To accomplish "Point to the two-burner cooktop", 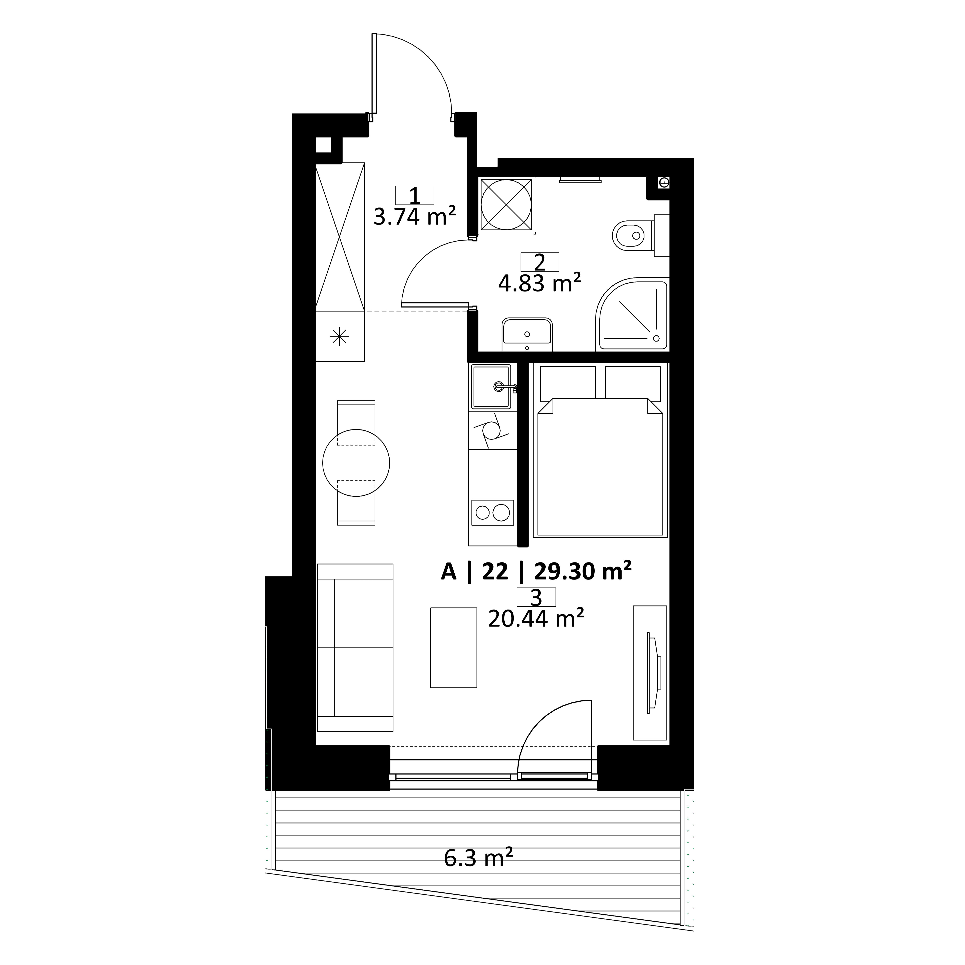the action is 493,512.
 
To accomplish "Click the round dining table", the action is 356,463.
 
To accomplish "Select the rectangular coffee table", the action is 453,647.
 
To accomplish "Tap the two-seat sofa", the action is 355,648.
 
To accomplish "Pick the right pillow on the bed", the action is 633,382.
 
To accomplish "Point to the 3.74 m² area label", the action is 415,217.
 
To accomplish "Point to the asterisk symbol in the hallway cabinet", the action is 340,336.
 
